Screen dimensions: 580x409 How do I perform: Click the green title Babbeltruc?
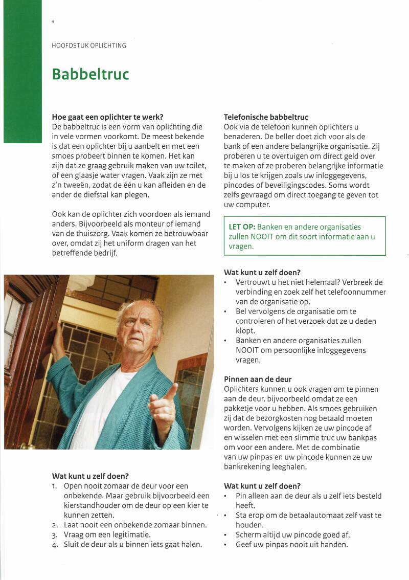coord(90,75)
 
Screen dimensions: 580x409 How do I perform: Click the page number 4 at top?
coord(53,22)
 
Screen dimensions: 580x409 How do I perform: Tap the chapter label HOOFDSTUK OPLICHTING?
coord(89,46)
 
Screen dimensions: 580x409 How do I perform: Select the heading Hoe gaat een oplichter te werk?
coord(107,117)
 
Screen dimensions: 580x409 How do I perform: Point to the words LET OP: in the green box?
coord(242,227)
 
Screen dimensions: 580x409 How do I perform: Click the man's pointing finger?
coord(173,392)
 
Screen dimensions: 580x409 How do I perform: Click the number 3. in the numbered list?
coord(55,534)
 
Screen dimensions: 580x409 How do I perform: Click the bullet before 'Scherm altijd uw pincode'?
coord(225,535)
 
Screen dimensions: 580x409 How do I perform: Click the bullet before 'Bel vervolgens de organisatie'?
coord(225,311)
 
